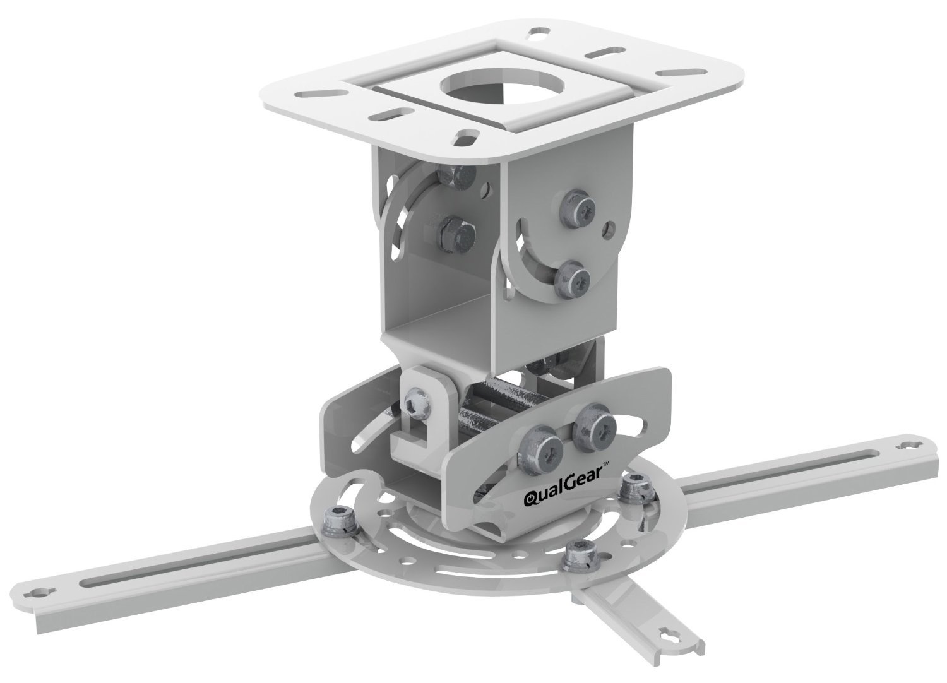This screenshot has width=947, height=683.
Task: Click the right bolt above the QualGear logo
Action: coord(593,429)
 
